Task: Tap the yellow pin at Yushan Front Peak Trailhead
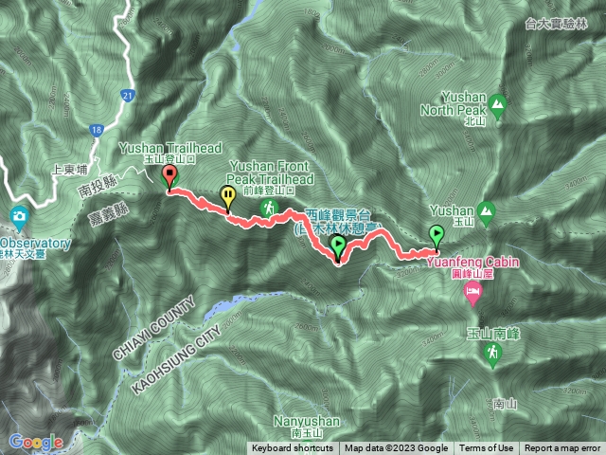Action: pos(228,196)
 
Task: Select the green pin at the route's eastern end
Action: pos(437,234)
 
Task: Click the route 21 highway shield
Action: pos(128,95)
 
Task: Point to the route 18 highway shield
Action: pos(97,130)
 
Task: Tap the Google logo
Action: pos(36,442)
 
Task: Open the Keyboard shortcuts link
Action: pos(294,448)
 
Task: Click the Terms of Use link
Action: pos(487,448)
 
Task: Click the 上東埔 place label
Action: pos(69,172)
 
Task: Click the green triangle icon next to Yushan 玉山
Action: pos(488,209)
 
